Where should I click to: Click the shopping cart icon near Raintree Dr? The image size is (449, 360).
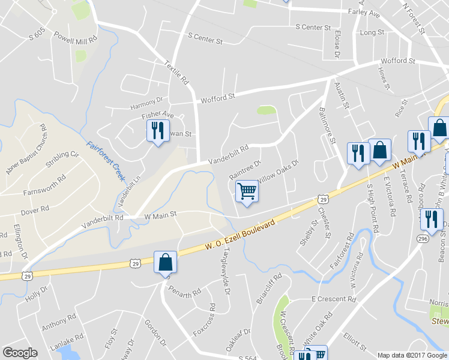pos(247,192)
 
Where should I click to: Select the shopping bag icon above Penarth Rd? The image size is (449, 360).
pos(165,262)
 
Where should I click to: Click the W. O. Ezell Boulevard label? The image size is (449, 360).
pos(240,235)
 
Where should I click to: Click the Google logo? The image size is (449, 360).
pos(20,353)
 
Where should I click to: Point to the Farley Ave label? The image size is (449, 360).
pos(364,12)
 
